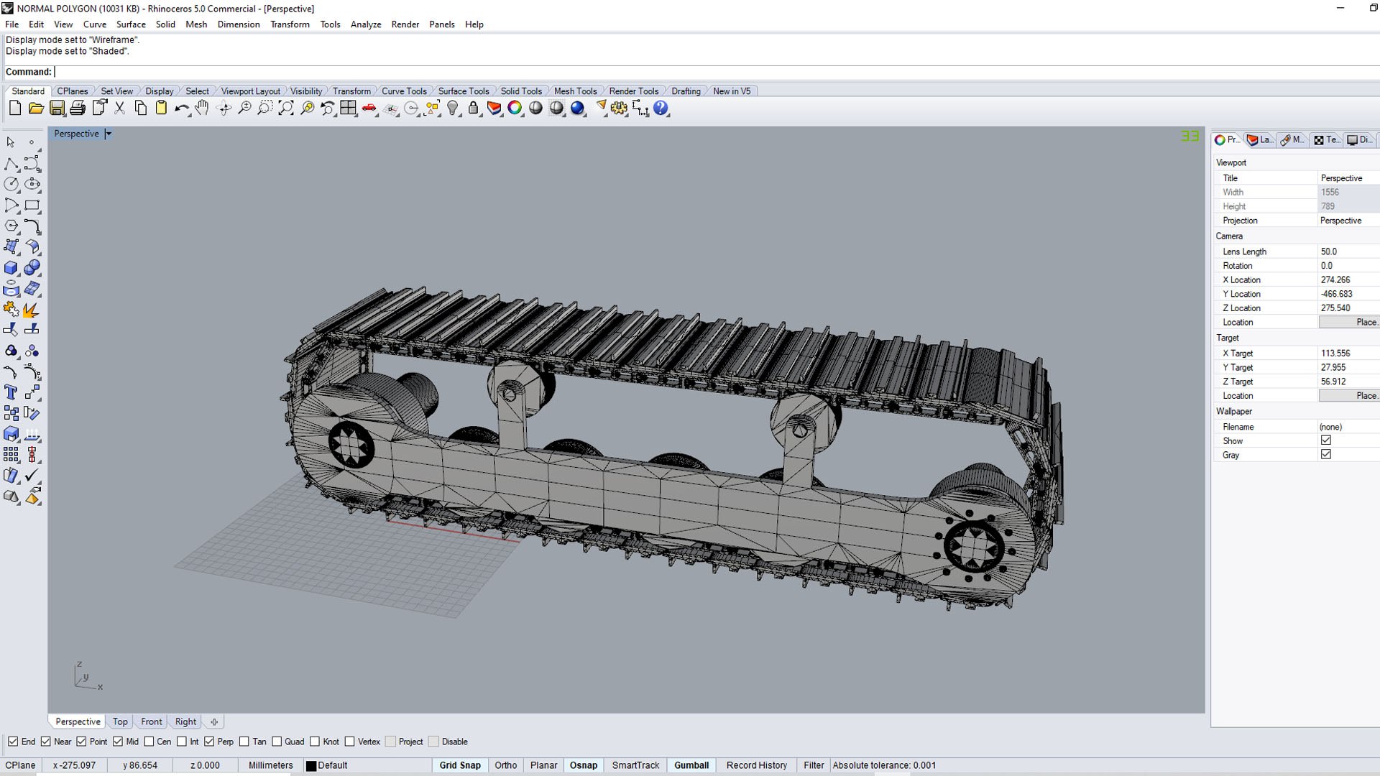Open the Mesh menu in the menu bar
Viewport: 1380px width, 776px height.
pos(195,24)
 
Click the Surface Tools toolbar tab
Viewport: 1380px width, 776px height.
pos(463,91)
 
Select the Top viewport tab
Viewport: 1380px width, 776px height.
pos(120,721)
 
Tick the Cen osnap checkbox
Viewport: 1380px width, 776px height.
pos(149,742)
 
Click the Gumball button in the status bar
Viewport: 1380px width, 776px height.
pos(691,765)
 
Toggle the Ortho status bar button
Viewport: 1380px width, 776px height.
pos(505,765)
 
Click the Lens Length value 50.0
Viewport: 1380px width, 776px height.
pos(1328,251)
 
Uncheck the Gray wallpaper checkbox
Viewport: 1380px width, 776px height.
pos(1325,455)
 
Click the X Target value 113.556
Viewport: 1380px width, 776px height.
pos(1335,354)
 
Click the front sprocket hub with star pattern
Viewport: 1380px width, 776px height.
pos(351,443)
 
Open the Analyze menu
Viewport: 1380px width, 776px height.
pos(365,24)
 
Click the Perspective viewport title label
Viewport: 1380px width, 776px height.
pos(76,134)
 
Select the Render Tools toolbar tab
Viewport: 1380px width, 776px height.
pos(633,91)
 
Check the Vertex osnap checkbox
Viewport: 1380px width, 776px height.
pos(350,742)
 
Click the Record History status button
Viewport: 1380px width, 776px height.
pos(756,765)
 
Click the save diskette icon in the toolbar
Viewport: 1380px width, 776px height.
pos(57,108)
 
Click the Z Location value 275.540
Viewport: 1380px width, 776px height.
pos(1335,308)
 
